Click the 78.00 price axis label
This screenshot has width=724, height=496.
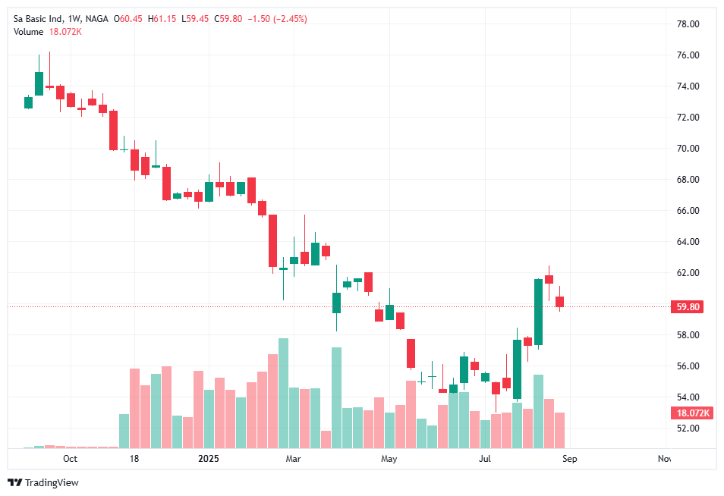[688, 24]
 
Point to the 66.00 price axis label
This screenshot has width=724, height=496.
[688, 211]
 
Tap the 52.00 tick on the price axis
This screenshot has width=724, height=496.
[688, 429]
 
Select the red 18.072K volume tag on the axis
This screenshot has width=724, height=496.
[691, 413]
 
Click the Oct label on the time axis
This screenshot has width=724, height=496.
[70, 459]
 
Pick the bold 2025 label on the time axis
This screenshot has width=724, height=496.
[207, 459]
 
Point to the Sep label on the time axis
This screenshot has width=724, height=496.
[570, 459]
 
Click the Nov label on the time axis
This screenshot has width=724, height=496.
[665, 459]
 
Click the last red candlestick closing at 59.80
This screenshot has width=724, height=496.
[559, 302]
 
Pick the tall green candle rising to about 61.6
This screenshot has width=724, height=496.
[538, 312]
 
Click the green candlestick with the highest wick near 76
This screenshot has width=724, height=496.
[39, 83]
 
